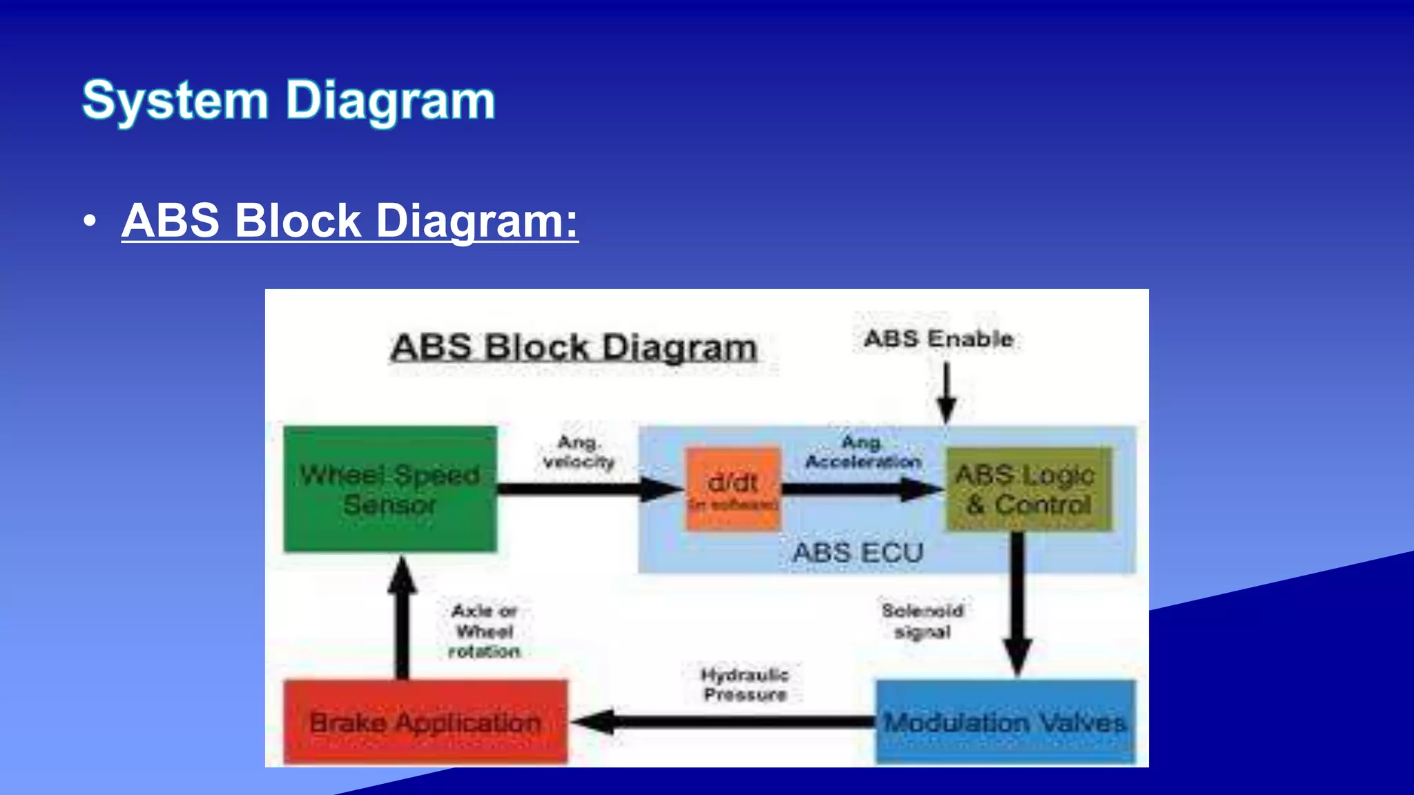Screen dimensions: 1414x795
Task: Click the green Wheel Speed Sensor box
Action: coord(390,489)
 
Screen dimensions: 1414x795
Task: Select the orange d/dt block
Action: coord(733,489)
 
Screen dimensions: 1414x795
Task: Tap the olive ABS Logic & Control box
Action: coord(1028,489)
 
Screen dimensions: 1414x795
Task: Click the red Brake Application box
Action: coord(425,722)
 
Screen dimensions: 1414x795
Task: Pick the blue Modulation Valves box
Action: coord(1005,722)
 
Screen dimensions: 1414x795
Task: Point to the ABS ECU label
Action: coord(858,553)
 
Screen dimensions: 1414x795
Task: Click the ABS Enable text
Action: coord(938,339)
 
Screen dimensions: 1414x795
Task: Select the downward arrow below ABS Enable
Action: coord(947,393)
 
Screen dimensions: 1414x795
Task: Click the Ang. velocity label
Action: coord(579,452)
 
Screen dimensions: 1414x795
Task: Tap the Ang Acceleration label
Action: coord(863,452)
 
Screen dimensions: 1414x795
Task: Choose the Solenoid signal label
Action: coord(922,621)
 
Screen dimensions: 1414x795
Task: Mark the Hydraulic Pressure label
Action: coord(745,685)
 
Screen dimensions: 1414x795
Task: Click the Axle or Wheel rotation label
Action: coord(484,631)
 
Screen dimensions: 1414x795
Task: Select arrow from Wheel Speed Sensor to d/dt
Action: coord(587,489)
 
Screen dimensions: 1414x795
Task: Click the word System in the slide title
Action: coord(175,101)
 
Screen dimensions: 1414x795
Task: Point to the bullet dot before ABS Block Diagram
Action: coord(89,222)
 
